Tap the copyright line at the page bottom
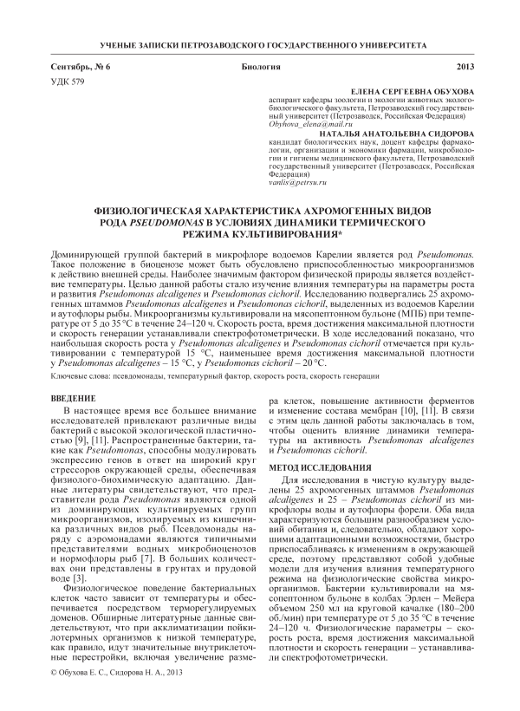tap(118, 673)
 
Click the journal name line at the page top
tap(259, 43)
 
